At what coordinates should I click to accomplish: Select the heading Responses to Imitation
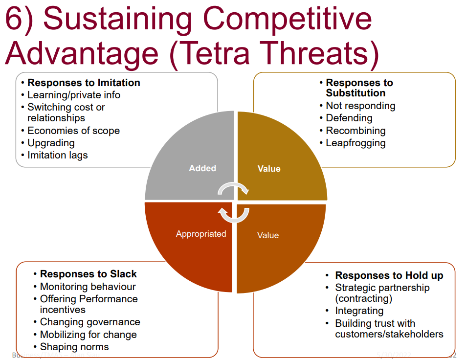tap(84, 83)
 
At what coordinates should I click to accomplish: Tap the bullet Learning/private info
tap(73, 95)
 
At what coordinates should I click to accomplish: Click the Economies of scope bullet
tap(73, 131)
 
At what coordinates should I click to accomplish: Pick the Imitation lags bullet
tap(58, 155)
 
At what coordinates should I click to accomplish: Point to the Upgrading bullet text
tap(51, 143)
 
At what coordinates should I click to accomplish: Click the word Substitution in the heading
tap(355, 93)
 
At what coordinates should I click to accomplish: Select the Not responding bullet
tap(360, 106)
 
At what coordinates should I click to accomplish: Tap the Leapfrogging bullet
tap(355, 143)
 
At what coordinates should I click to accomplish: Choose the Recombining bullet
tap(355, 131)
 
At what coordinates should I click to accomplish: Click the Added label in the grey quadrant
tap(202, 168)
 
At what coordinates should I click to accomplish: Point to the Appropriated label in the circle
tap(201, 234)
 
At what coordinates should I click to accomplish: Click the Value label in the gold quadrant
tap(269, 169)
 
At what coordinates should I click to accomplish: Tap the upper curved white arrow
tap(233, 188)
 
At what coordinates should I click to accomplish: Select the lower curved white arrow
tap(233, 214)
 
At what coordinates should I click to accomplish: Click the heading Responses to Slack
tap(88, 274)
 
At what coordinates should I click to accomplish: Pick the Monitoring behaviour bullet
tap(88, 287)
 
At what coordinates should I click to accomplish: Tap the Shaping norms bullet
tap(74, 347)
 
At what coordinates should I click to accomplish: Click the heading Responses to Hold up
tap(389, 275)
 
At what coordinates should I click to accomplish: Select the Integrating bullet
tap(359, 311)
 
